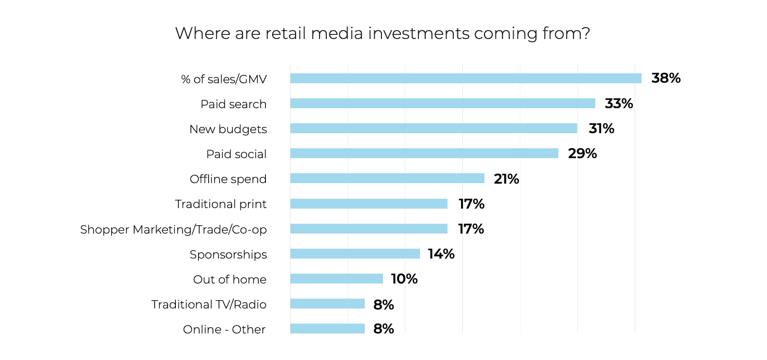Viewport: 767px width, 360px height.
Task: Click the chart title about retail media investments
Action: (x=382, y=33)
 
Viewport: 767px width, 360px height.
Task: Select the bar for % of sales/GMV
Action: (x=465, y=79)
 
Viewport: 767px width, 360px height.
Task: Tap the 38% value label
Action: (x=666, y=79)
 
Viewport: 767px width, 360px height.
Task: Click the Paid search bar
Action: (x=442, y=104)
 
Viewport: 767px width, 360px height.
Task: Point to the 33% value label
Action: (x=619, y=104)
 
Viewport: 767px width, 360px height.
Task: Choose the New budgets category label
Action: (x=228, y=129)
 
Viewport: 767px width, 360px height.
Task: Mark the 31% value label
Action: (x=601, y=128)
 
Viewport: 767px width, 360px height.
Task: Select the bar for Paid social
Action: (x=424, y=153)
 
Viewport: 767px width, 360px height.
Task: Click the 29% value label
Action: (x=582, y=153)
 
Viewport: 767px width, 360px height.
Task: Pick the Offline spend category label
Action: (x=228, y=179)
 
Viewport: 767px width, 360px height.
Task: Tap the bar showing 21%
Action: (x=387, y=178)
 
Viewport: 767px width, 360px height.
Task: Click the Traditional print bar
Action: (x=368, y=203)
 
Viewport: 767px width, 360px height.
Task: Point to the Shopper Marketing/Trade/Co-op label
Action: (x=173, y=229)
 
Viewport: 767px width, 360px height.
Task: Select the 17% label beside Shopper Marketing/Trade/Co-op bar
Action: (x=471, y=229)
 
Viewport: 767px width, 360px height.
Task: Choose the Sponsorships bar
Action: (x=355, y=254)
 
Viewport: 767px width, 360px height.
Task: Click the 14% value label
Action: (x=441, y=254)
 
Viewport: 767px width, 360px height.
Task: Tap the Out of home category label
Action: (x=229, y=279)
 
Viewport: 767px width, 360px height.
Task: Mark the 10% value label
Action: (x=404, y=279)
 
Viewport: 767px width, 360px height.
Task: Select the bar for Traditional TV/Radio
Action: (x=327, y=304)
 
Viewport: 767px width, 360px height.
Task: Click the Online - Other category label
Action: (x=224, y=329)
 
